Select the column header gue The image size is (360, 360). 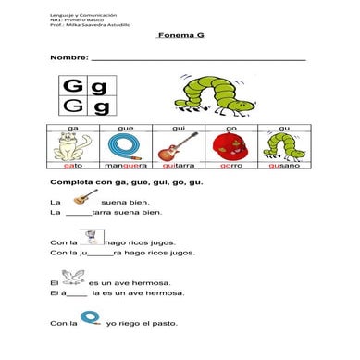(x=126, y=127)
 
